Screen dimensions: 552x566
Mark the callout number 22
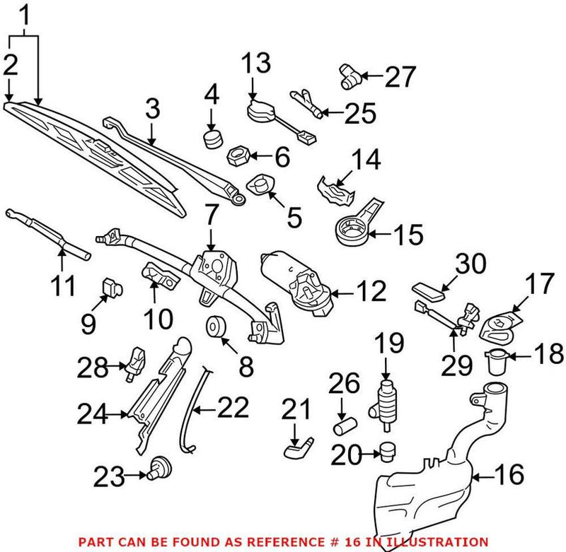(x=233, y=409)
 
